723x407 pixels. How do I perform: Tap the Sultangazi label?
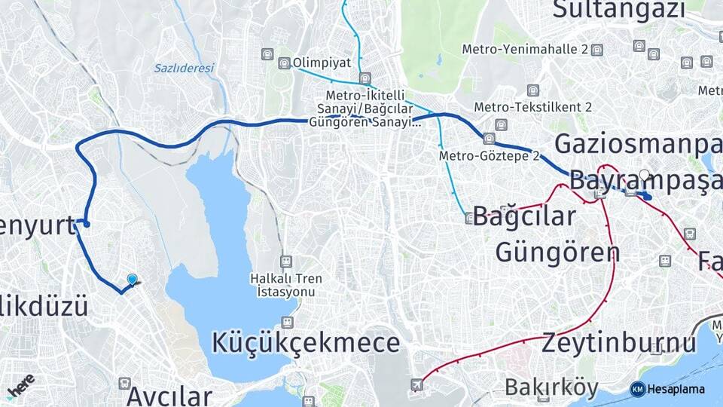tap(619, 10)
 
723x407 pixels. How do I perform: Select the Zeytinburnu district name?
tap(619, 343)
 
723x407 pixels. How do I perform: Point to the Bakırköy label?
tap(552, 388)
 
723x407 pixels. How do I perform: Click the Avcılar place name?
tap(169, 395)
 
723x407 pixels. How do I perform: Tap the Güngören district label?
tap(557, 252)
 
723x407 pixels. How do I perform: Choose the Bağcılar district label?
tap(525, 216)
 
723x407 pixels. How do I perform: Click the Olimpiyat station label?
tap(322, 63)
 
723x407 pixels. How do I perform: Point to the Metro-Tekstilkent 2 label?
tap(532, 107)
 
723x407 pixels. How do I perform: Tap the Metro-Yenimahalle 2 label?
tap(526, 50)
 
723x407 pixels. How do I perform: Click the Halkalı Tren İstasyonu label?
tap(286, 284)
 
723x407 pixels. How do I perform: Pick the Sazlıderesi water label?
tap(185, 68)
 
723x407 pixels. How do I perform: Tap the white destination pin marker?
tap(644, 177)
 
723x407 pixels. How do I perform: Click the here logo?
tap(20, 384)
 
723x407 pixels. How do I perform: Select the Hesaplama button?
tap(668, 389)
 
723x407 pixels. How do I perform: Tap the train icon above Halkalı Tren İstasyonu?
tap(286, 262)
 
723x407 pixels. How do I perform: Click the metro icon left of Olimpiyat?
tap(284, 63)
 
